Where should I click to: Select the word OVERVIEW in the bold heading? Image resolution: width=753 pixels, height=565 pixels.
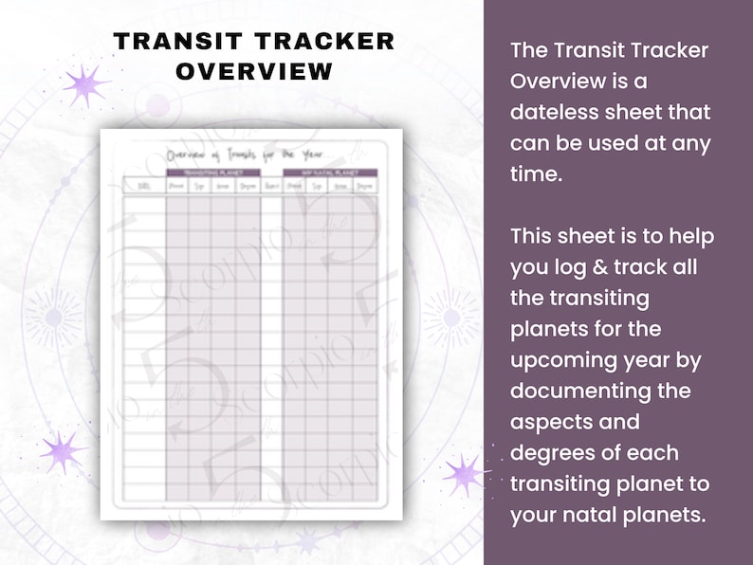tap(254, 72)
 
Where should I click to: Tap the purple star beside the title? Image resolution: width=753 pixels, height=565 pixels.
tap(86, 85)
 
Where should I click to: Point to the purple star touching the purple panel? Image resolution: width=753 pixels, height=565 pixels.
tap(466, 473)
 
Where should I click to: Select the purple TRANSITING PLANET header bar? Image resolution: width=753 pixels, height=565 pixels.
tap(213, 173)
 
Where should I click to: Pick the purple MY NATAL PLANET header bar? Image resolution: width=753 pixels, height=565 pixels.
tap(330, 173)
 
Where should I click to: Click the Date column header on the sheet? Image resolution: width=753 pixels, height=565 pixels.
tap(144, 187)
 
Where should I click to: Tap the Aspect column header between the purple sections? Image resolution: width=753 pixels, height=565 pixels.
tap(271, 187)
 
